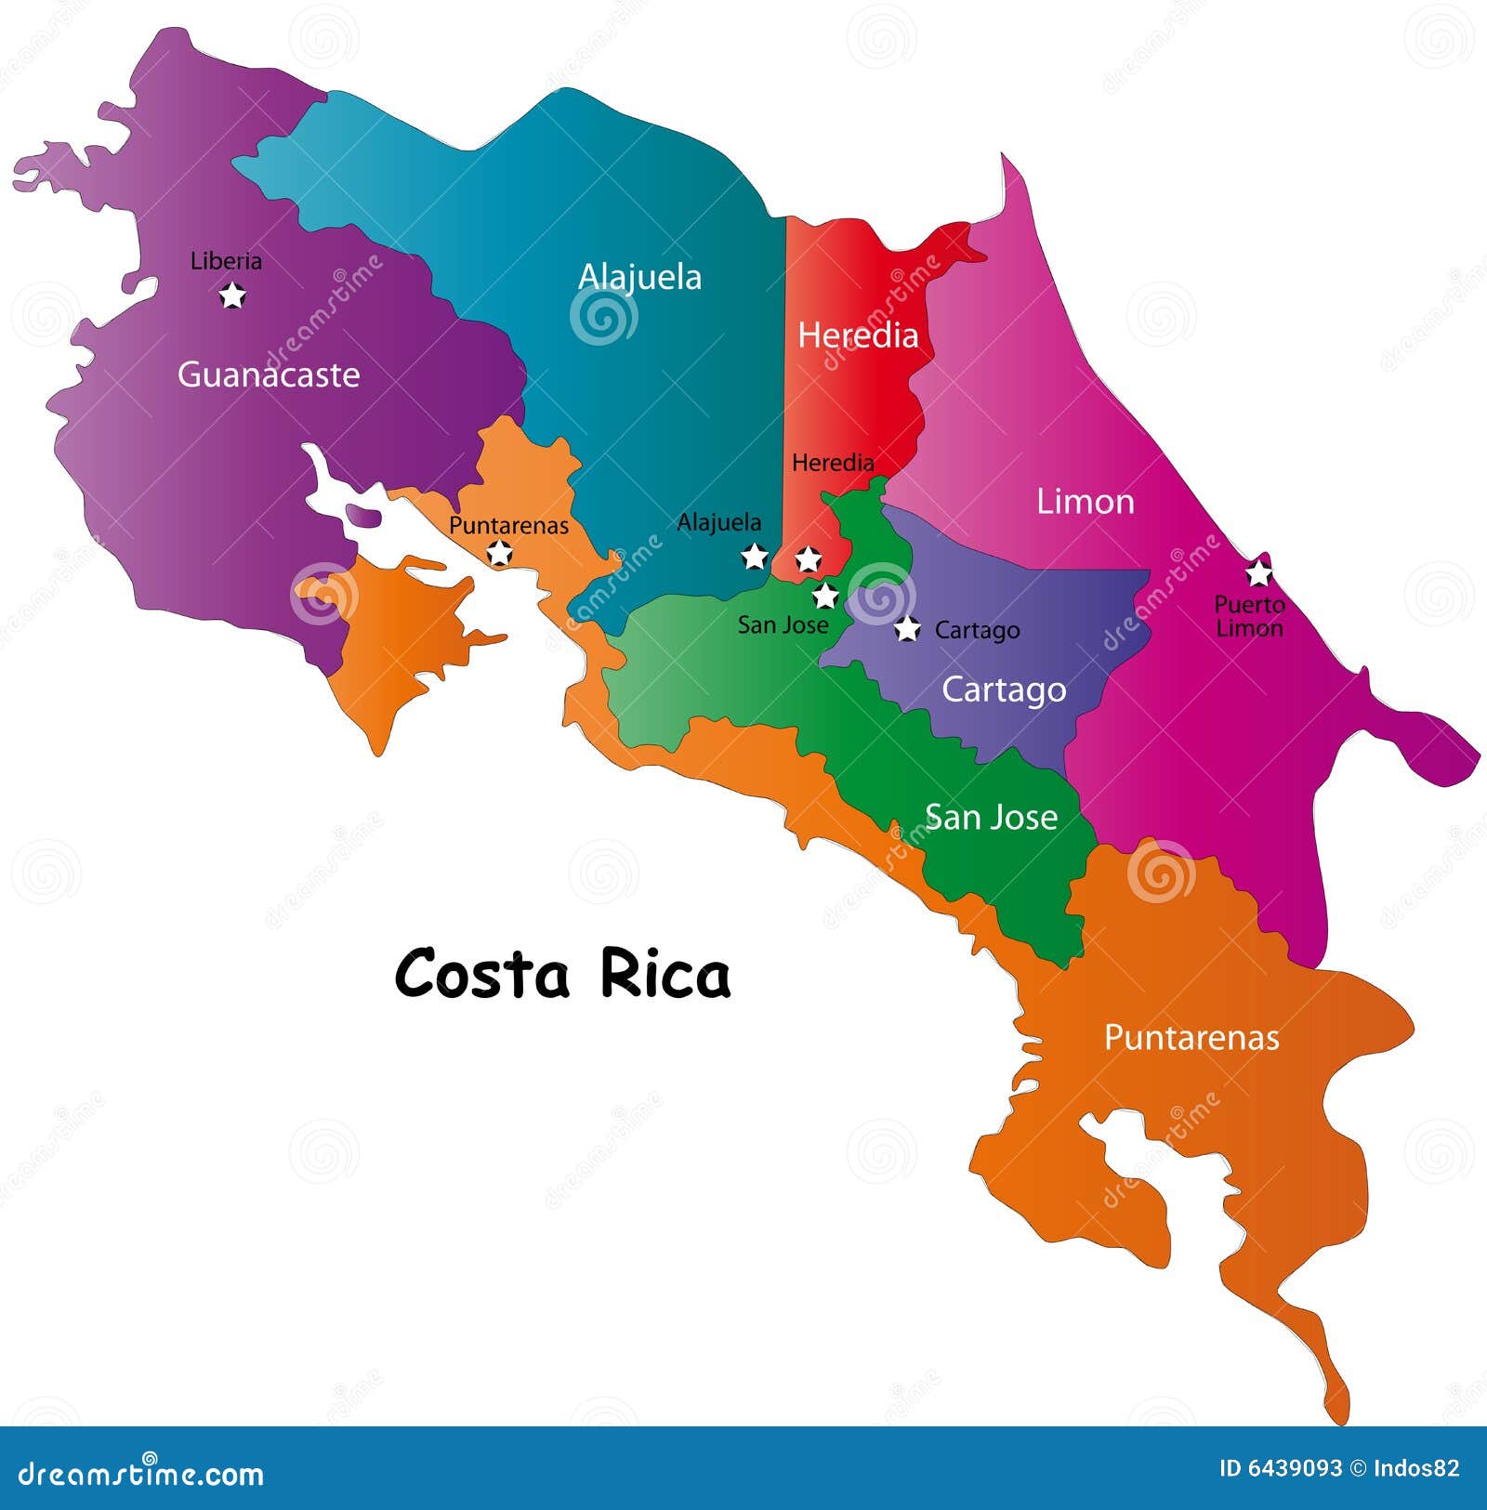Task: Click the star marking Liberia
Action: (232, 295)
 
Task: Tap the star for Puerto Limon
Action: (1258, 572)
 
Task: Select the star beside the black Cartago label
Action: (908, 629)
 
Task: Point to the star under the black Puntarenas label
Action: (500, 554)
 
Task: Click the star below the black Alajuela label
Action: (755, 557)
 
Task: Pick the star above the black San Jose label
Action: (825, 596)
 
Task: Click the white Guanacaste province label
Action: (269, 374)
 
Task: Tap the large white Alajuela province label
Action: (639, 277)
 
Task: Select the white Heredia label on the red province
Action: (858, 335)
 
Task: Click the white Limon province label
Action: (1086, 502)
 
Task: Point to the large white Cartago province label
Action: (1004, 689)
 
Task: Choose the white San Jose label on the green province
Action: (991, 818)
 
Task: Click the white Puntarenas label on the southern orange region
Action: (1191, 1037)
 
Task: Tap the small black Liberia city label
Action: (226, 261)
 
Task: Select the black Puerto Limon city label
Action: (1250, 616)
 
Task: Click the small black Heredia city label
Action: (833, 462)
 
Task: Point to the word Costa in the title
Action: (481, 975)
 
